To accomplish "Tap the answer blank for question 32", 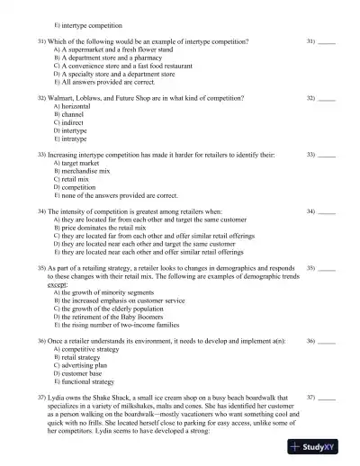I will pos(328,97).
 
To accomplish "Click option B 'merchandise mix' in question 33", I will pos(88,170).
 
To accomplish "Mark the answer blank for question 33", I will pos(328,154).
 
